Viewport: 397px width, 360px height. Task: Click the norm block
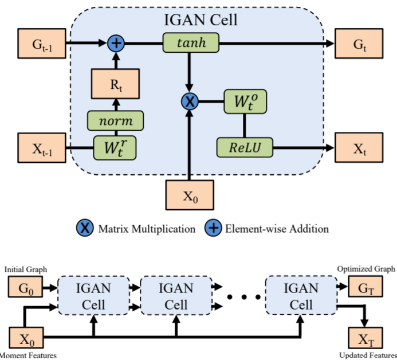pyautogui.click(x=115, y=121)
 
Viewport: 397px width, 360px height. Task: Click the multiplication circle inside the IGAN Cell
pyautogui.click(x=190, y=101)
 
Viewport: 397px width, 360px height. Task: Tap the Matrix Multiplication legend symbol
pyautogui.click(x=85, y=228)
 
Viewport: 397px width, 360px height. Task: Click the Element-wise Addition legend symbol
pyautogui.click(x=213, y=228)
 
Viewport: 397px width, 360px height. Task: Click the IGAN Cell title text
pyautogui.click(x=200, y=20)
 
